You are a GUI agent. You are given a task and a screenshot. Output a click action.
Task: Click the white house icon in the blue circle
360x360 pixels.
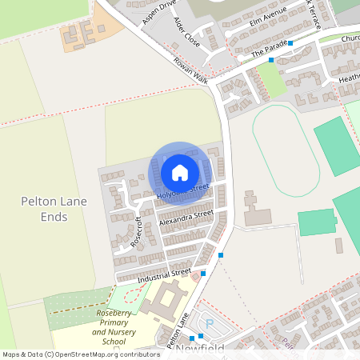180,172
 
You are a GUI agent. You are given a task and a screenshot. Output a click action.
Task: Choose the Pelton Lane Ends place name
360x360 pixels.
54,210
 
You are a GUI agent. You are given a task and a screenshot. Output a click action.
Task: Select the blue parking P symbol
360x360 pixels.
210,324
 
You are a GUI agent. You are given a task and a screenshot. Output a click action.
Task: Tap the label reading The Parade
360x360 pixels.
268,48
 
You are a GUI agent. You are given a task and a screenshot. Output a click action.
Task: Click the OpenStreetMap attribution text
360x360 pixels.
81,354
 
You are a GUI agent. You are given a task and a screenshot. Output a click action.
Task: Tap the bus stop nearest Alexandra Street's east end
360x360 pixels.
220,255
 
